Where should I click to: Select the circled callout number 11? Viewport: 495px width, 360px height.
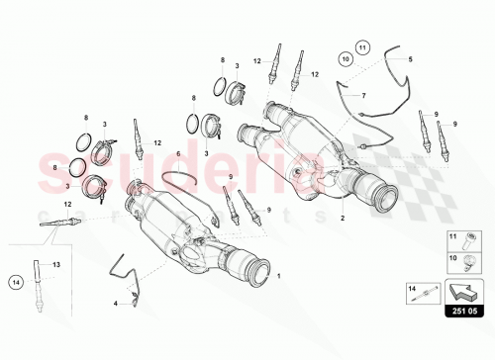[362, 46]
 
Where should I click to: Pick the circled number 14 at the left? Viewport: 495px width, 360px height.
[15, 281]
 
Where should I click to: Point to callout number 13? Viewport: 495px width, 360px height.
[56, 264]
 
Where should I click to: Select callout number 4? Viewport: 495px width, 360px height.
[115, 303]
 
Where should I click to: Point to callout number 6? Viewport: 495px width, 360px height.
[177, 155]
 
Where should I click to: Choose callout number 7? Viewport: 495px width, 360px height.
[363, 95]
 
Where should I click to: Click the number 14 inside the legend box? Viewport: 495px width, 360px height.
[409, 286]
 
